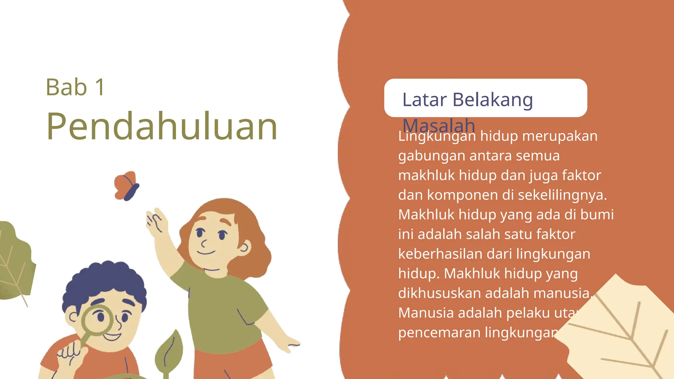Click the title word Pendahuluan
point(162,127)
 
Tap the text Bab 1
point(75,88)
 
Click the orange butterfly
point(126,186)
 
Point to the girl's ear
point(245,247)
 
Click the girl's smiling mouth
point(206,253)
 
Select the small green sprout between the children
point(170,352)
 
